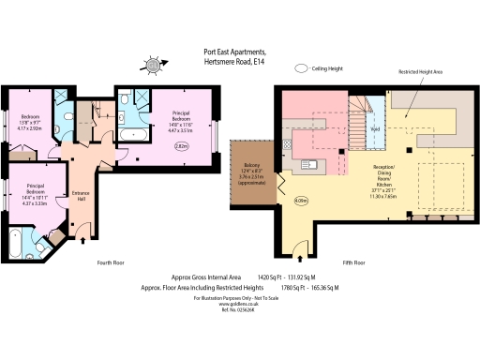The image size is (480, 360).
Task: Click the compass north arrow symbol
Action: click(x=152, y=66)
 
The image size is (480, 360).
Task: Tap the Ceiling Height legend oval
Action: click(x=302, y=68)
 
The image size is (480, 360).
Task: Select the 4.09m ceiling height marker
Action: click(x=301, y=200)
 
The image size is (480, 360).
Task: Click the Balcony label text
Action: click(x=250, y=163)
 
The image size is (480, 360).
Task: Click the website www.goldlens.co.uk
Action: click(x=237, y=304)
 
